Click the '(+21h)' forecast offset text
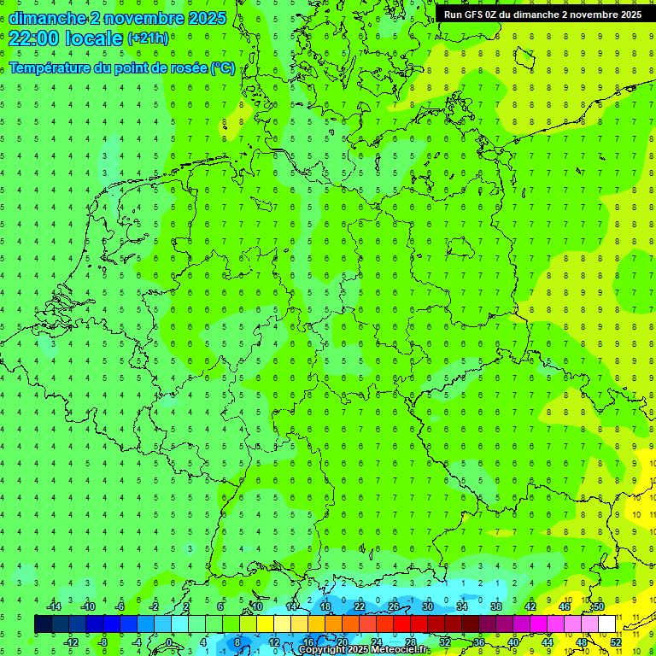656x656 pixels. pyautogui.click(x=149, y=38)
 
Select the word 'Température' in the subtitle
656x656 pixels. pyautogui.click(x=50, y=67)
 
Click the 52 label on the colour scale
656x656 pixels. pyautogui.click(x=616, y=642)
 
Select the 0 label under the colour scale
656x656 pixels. pyautogui.click(x=169, y=642)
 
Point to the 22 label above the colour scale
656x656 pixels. pyautogui.click(x=359, y=606)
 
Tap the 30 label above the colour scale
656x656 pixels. pyautogui.click(x=427, y=606)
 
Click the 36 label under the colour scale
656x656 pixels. pyautogui.click(x=479, y=642)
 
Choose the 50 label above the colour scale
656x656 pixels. pyautogui.click(x=599, y=606)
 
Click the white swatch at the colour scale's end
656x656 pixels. pyautogui.click(x=606, y=624)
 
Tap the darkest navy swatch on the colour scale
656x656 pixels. pyautogui.click(x=43, y=624)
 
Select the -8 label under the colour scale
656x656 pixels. pyautogui.click(x=102, y=642)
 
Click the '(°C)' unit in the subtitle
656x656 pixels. pyautogui.click(x=224, y=67)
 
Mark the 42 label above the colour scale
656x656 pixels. pyautogui.click(x=530, y=606)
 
